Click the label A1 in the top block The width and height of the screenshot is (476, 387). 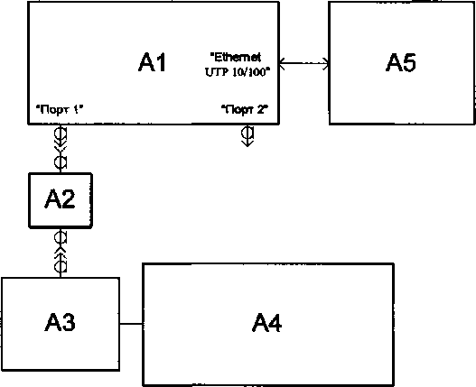coord(152,62)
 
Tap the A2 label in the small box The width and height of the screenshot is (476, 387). coord(60,198)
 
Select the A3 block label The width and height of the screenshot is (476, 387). coord(60,322)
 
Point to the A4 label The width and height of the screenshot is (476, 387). coord(266,322)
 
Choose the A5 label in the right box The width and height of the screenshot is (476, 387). coord(401,62)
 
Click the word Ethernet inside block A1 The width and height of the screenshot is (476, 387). coord(236,57)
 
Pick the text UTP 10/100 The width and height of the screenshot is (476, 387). coord(238,72)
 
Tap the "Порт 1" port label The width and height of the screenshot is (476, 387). coord(60,109)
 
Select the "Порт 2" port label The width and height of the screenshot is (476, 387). coord(245,109)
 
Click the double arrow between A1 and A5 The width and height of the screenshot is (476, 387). coord(303,63)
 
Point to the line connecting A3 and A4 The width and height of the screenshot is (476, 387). coord(131,324)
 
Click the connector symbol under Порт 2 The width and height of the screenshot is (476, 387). coord(247,135)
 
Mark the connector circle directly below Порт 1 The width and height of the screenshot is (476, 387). coord(61,134)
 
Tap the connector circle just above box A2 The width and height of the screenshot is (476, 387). coord(61,162)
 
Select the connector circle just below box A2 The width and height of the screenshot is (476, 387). coord(61,237)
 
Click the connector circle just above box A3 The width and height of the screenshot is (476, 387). coord(61,267)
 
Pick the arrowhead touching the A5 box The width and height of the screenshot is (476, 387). coord(326,64)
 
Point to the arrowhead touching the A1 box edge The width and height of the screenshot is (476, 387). coord(283,63)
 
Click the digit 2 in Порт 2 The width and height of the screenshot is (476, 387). coord(260,109)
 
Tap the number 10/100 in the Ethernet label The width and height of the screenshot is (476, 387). coord(249,72)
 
